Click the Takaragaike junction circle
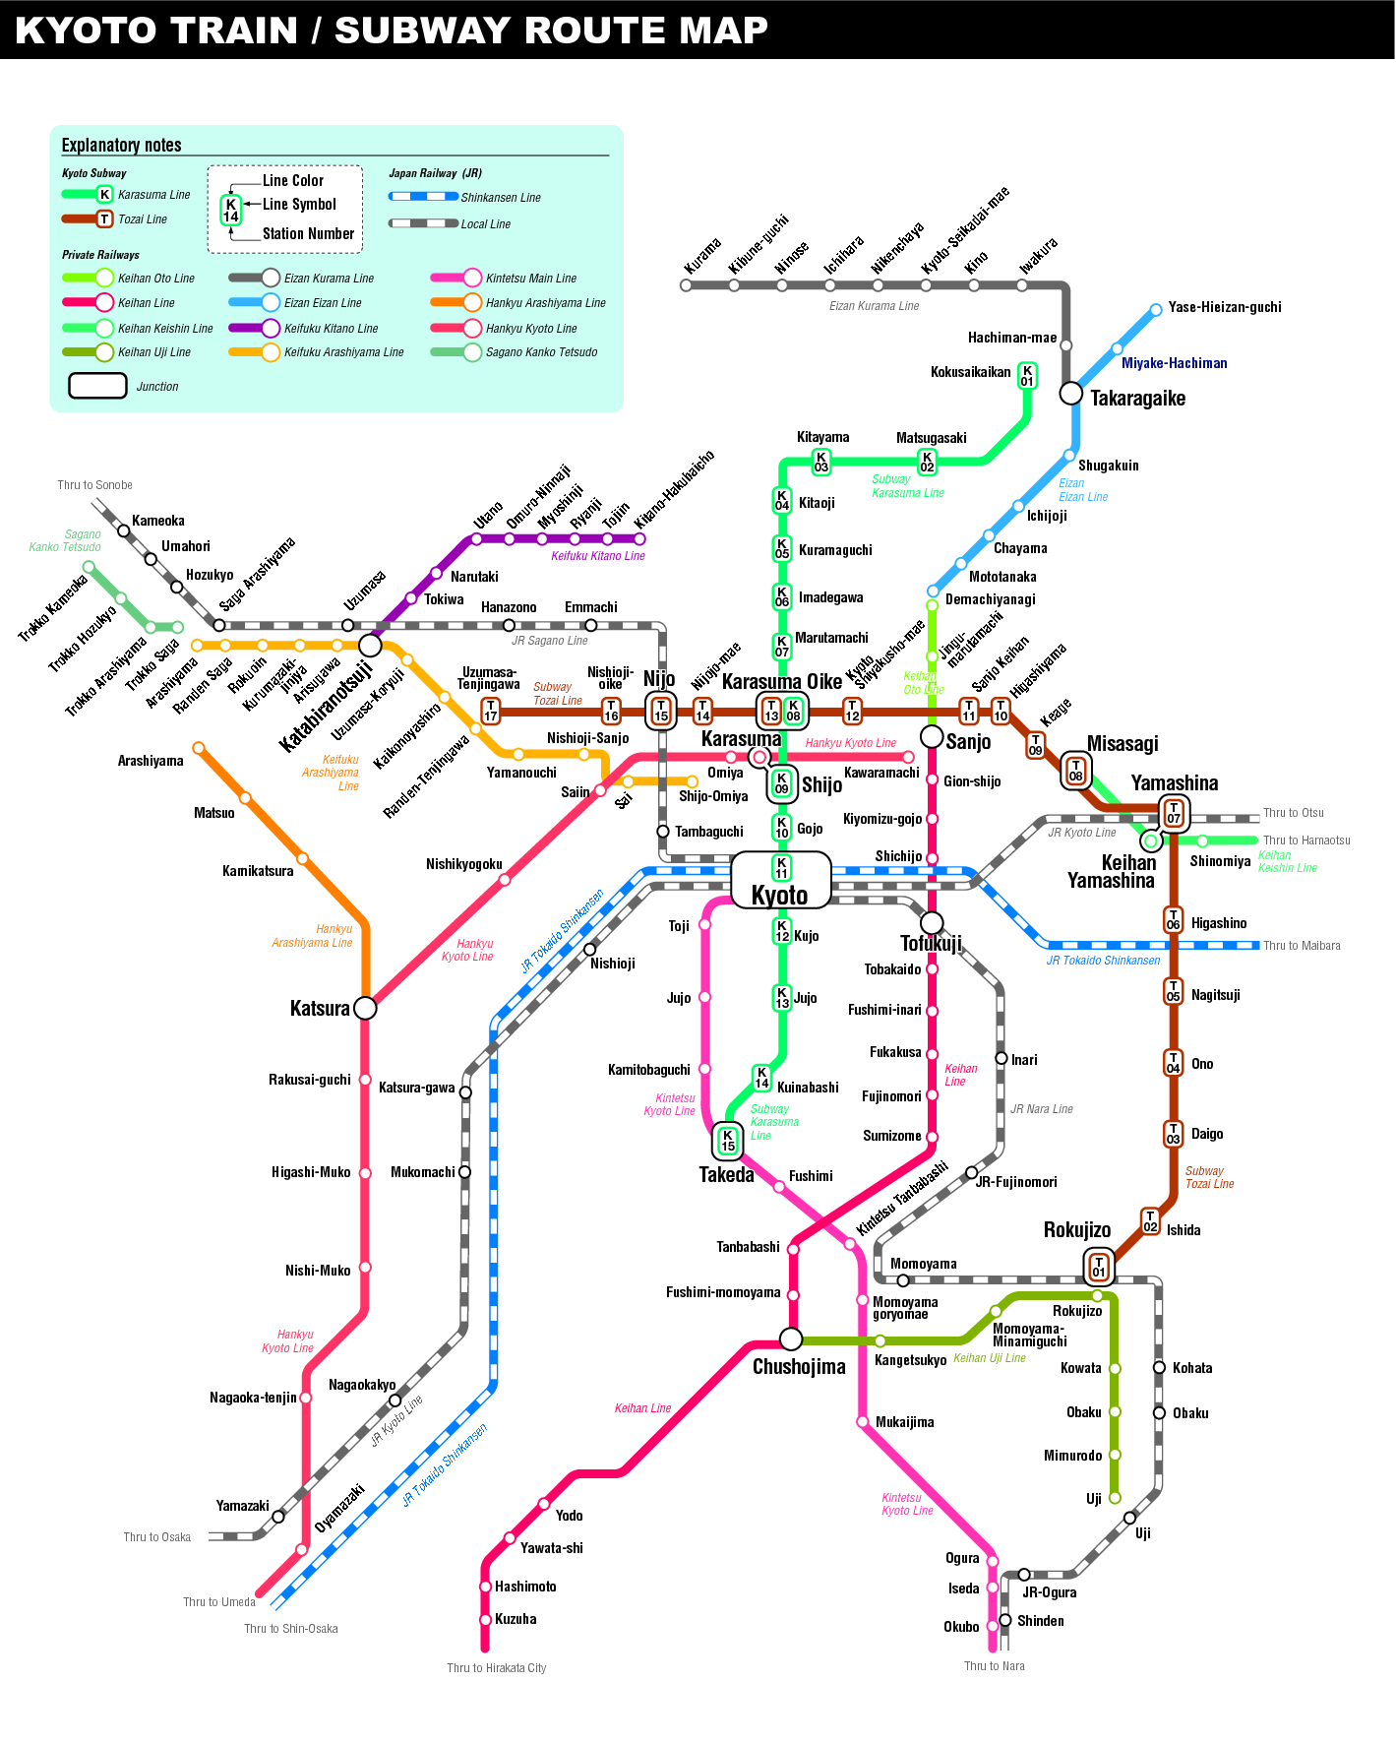click(1070, 394)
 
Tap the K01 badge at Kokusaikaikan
click(1027, 375)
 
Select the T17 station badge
click(490, 711)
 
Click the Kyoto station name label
click(779, 895)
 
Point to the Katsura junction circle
click(365, 1008)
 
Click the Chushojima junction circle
click(791, 1339)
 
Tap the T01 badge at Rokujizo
click(1099, 1267)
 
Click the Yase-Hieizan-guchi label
click(1225, 307)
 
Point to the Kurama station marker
click(686, 285)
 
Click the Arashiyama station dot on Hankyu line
click(199, 748)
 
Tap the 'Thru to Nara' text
click(994, 1666)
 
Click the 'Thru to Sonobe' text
click(94, 485)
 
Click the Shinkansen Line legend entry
click(501, 198)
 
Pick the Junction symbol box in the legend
click(97, 386)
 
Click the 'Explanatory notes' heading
click(121, 146)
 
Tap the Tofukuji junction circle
click(932, 923)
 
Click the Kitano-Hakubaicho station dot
click(640, 538)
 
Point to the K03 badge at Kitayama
click(820, 462)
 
